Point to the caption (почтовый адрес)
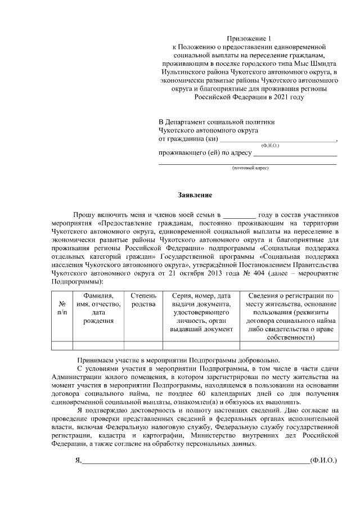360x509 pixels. (250, 168)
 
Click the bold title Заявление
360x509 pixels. (195, 196)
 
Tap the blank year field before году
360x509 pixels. (239, 215)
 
